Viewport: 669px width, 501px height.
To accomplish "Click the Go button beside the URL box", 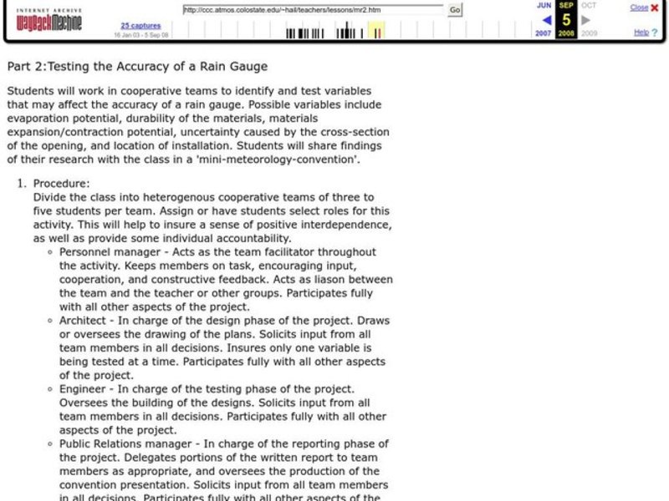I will coord(455,10).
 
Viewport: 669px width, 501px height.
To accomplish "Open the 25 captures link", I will coord(135,25).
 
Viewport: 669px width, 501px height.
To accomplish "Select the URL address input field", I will coord(314,10).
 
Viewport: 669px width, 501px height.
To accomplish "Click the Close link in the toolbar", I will coord(638,8).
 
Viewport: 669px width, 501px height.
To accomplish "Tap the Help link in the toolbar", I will coord(641,33).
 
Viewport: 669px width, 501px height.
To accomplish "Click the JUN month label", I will coord(544,5).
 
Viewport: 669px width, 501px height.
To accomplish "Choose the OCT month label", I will coord(589,5).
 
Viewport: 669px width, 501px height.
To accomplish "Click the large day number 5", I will coord(566,20).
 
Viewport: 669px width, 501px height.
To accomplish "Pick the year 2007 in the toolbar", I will coord(544,34).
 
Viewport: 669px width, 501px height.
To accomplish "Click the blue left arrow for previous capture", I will coord(546,20).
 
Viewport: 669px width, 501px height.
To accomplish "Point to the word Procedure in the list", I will coord(61,184).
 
